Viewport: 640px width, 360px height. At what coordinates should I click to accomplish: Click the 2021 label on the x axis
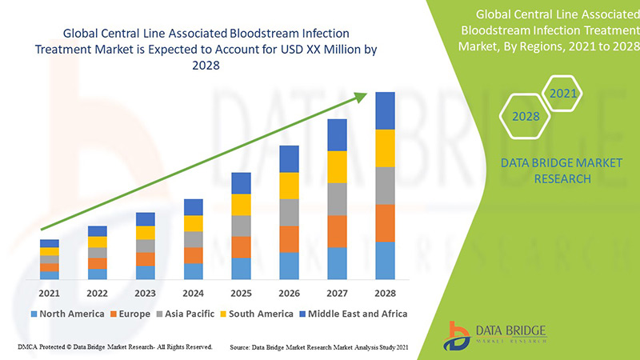tap(49, 294)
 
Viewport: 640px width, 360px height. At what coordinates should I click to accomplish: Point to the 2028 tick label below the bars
tap(385, 294)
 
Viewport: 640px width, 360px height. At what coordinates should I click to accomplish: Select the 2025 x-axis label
tap(241, 294)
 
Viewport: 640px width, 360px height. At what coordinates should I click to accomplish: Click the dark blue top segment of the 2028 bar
tap(385, 110)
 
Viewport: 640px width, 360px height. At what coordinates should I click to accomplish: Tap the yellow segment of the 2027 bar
tap(337, 166)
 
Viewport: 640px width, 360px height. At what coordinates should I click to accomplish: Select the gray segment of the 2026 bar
tap(289, 212)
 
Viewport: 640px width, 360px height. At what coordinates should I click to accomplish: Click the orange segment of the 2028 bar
tap(385, 223)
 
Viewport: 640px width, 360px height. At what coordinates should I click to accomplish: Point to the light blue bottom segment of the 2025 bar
tap(241, 268)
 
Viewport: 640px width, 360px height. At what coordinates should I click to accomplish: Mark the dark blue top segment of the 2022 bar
tap(97, 231)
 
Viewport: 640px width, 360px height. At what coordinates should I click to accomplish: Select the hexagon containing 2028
tap(526, 116)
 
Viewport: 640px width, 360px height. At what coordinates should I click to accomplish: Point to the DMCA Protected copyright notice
tap(114, 347)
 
